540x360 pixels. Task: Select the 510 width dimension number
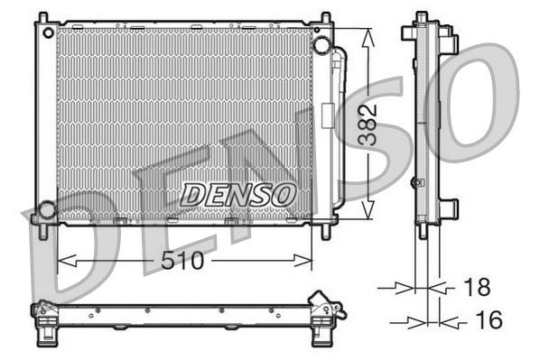[x=184, y=262]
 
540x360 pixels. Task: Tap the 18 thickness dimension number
[x=477, y=288]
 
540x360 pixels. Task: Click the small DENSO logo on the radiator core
[x=237, y=193]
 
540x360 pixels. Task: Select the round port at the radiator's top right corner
[x=321, y=45]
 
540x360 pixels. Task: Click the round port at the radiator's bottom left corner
[x=45, y=210]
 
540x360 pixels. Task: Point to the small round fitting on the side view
[x=415, y=182]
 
